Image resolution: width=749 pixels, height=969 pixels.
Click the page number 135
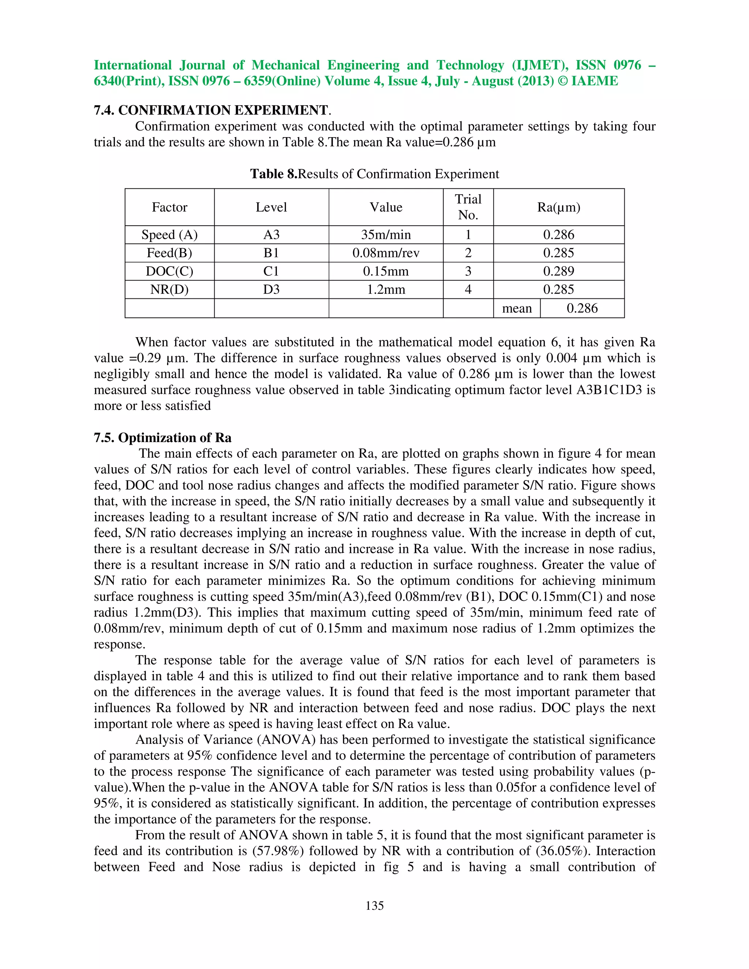pos(374,905)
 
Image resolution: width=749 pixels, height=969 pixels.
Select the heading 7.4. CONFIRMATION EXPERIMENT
pos(212,110)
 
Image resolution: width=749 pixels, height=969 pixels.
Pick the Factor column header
pos(169,207)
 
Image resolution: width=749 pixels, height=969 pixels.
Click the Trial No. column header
pos(468,207)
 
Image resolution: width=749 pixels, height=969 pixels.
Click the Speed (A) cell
pos(169,235)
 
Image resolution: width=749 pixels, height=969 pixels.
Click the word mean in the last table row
pos(516,308)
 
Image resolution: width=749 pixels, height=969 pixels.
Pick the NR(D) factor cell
pos(169,289)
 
